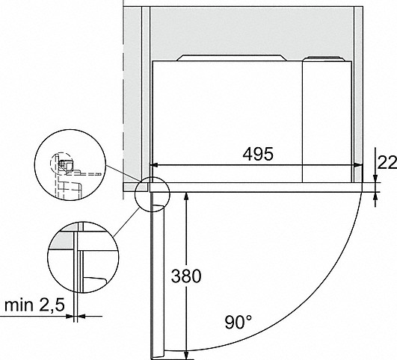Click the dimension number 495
[258, 154]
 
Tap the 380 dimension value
[186, 276]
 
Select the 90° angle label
[238, 322]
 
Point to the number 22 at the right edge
[387, 162]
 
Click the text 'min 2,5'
[34, 305]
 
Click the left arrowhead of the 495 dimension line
[154, 165]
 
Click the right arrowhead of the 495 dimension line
[359, 165]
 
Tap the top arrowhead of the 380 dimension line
[186, 196]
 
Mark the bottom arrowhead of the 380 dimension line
[186, 354]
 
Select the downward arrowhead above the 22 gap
[375, 178]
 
